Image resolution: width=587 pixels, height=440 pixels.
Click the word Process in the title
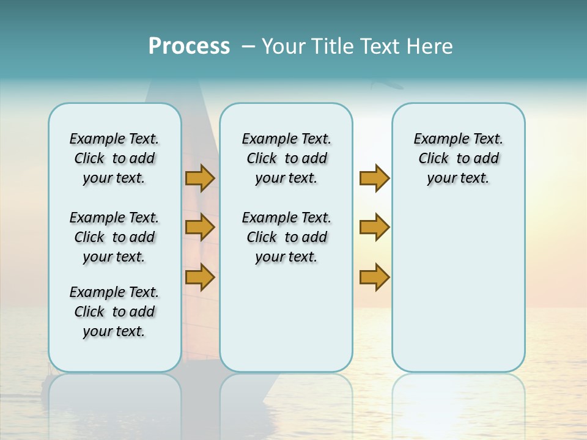(189, 46)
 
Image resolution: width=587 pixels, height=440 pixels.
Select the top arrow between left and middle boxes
(200, 178)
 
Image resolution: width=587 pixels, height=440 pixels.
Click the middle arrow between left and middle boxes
(200, 227)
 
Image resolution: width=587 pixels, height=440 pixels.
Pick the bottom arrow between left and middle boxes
(200, 277)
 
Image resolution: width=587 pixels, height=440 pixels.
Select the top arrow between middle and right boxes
(374, 178)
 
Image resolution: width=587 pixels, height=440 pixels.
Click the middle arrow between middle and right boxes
(374, 227)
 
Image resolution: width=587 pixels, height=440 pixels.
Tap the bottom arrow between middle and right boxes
(374, 277)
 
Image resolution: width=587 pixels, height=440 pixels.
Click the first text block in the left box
(114, 158)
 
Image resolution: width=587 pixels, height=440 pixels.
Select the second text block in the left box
(114, 237)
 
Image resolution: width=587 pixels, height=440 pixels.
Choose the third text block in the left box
(114, 312)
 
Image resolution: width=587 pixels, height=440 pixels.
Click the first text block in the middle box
(286, 158)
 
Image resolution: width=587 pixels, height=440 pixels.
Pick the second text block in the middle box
(286, 237)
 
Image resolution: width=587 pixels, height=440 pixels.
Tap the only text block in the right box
(458, 158)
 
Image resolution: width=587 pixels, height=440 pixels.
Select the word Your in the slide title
(282, 46)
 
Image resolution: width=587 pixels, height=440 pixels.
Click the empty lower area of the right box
(458, 293)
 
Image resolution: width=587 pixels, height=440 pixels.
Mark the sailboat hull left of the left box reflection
(45, 380)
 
